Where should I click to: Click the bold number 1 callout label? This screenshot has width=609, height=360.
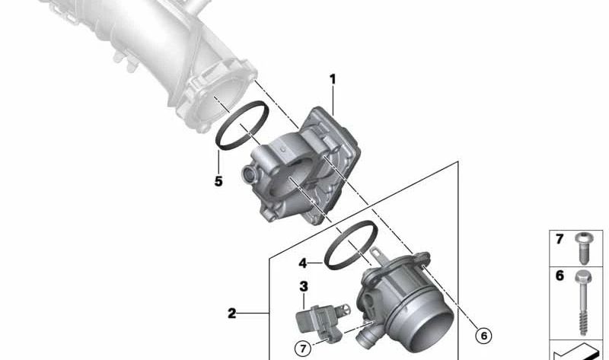click(332, 79)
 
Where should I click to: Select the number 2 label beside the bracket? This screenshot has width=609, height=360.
click(232, 313)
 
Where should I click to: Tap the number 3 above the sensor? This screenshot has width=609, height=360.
click(303, 287)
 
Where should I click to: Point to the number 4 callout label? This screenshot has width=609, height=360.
click(303, 263)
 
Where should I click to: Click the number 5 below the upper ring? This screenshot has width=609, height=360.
click(218, 182)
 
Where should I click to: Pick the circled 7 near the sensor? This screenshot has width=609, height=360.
click(303, 350)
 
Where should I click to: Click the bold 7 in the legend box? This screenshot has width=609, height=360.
click(559, 240)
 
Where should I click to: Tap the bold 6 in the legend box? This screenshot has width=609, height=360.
click(559, 276)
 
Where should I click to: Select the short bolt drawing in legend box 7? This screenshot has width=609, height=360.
click(583, 246)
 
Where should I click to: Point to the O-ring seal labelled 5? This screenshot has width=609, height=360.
click(242, 126)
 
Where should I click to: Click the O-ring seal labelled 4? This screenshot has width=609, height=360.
click(350, 244)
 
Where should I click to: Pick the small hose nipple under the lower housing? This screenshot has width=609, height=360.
click(366, 336)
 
